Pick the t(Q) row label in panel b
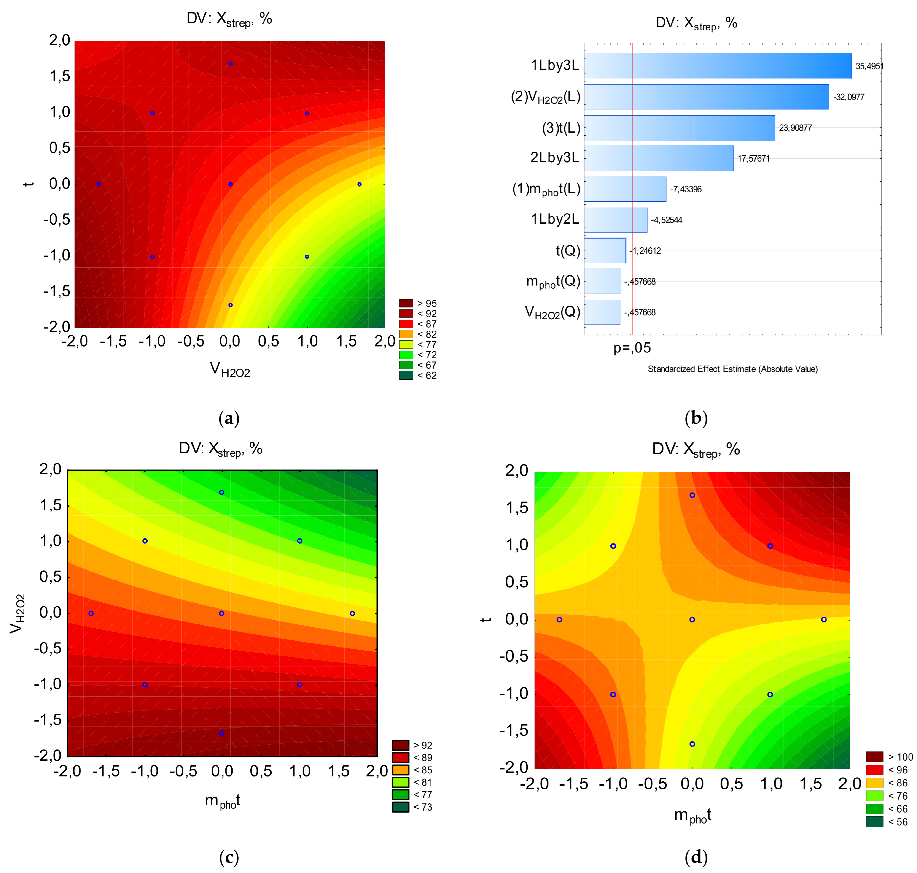[568, 251]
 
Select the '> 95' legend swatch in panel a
[406, 304]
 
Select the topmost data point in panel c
[222, 492]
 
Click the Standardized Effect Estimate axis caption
[732, 369]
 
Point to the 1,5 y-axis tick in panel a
[59, 76]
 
